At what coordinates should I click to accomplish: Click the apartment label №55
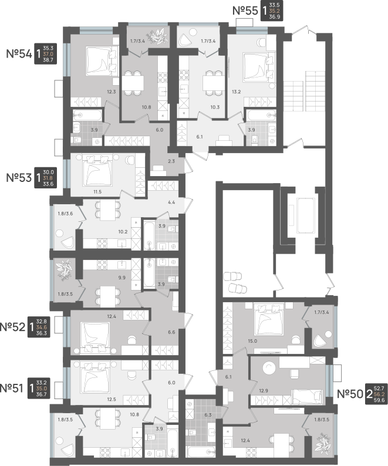[x=245, y=11]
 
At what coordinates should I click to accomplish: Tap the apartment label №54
[x=19, y=54]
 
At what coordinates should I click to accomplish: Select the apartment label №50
[x=350, y=394]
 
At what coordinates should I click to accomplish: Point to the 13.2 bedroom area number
[x=236, y=92]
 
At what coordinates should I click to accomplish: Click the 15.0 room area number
[x=252, y=341]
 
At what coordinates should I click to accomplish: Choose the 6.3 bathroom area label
[x=207, y=415]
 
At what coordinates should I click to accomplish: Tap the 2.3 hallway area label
[x=171, y=161]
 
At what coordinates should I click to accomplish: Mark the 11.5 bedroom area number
[x=97, y=192]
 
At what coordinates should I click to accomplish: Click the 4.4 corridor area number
[x=171, y=202]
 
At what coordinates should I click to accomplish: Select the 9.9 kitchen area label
[x=122, y=278]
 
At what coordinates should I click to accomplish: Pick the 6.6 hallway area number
[x=171, y=332]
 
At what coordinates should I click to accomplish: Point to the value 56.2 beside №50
[x=379, y=394]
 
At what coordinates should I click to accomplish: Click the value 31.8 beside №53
[x=48, y=178]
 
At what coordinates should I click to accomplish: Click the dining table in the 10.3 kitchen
[x=214, y=83]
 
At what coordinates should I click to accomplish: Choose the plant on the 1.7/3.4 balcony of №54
[x=157, y=36]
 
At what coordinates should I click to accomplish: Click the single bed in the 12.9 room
[x=307, y=397]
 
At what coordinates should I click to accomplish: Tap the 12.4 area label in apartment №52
[x=112, y=316]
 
